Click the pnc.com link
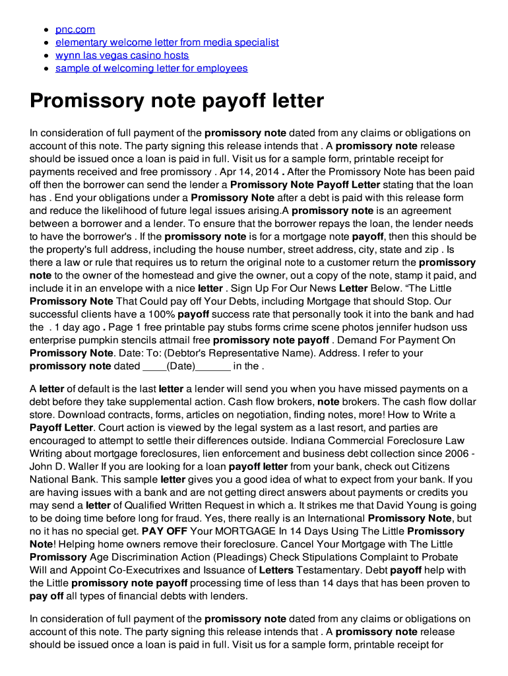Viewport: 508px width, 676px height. point(75,29)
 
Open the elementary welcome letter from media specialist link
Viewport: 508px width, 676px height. point(167,42)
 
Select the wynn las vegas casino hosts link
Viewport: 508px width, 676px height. point(122,55)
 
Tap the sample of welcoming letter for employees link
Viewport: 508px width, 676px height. point(151,68)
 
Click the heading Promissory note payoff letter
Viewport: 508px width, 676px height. point(177,101)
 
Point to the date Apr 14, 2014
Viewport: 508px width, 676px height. point(250,172)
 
